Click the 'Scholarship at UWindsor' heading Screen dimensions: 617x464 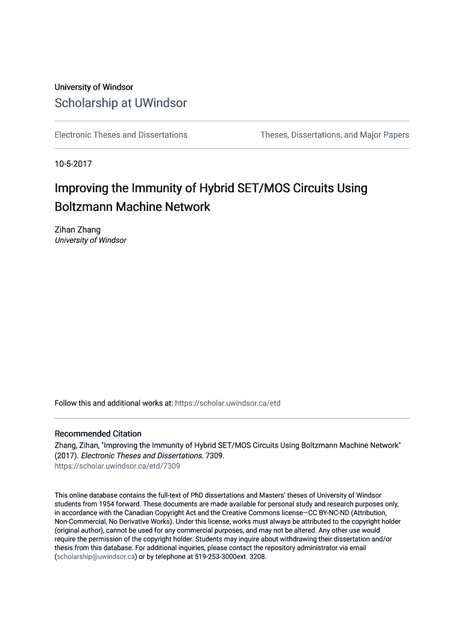(121, 103)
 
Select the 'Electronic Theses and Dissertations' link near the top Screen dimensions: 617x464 (121, 135)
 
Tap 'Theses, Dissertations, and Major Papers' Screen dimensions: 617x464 (334, 135)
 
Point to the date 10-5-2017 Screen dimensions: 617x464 (73, 163)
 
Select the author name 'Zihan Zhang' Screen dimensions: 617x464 (78, 230)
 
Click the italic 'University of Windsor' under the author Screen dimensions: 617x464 (90, 240)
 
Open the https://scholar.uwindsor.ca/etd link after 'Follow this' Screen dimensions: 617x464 (227, 403)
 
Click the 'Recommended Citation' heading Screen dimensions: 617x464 (98, 434)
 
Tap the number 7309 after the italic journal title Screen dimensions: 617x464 (215, 456)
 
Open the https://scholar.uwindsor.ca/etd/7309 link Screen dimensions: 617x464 (117, 466)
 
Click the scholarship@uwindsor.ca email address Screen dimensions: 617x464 (95, 557)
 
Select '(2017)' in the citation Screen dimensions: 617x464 (66, 456)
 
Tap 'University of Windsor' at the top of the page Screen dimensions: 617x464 (93, 87)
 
